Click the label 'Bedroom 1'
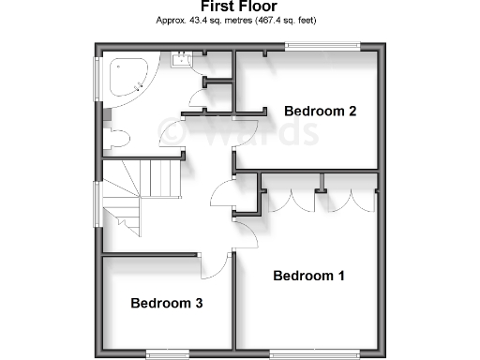308,276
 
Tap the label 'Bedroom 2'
320,112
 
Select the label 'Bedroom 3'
167,303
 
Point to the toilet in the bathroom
117,138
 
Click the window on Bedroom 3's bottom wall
166,352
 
